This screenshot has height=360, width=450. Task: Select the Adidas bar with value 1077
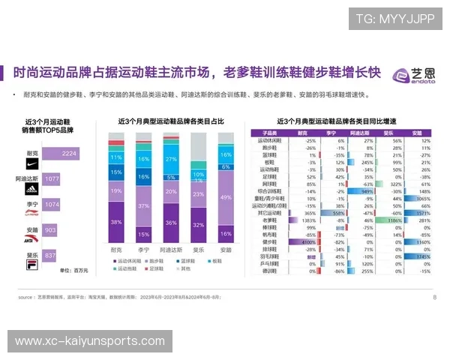tap(51, 179)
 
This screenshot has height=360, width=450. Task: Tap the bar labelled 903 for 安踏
tap(49, 229)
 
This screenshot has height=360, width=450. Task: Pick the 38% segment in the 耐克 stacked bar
tap(115, 223)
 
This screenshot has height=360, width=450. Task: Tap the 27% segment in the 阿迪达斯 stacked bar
tap(171, 159)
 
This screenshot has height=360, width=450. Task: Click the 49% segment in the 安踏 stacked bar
tap(226, 196)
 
